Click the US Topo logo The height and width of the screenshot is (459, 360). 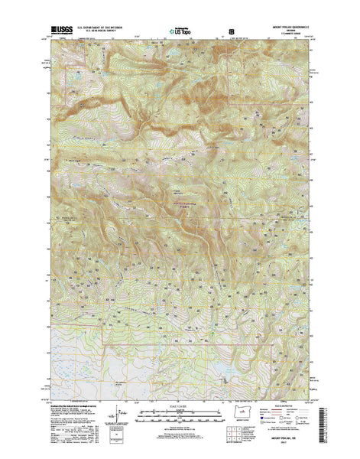pos(182,31)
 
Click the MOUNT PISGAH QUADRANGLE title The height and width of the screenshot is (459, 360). pos(290,26)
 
